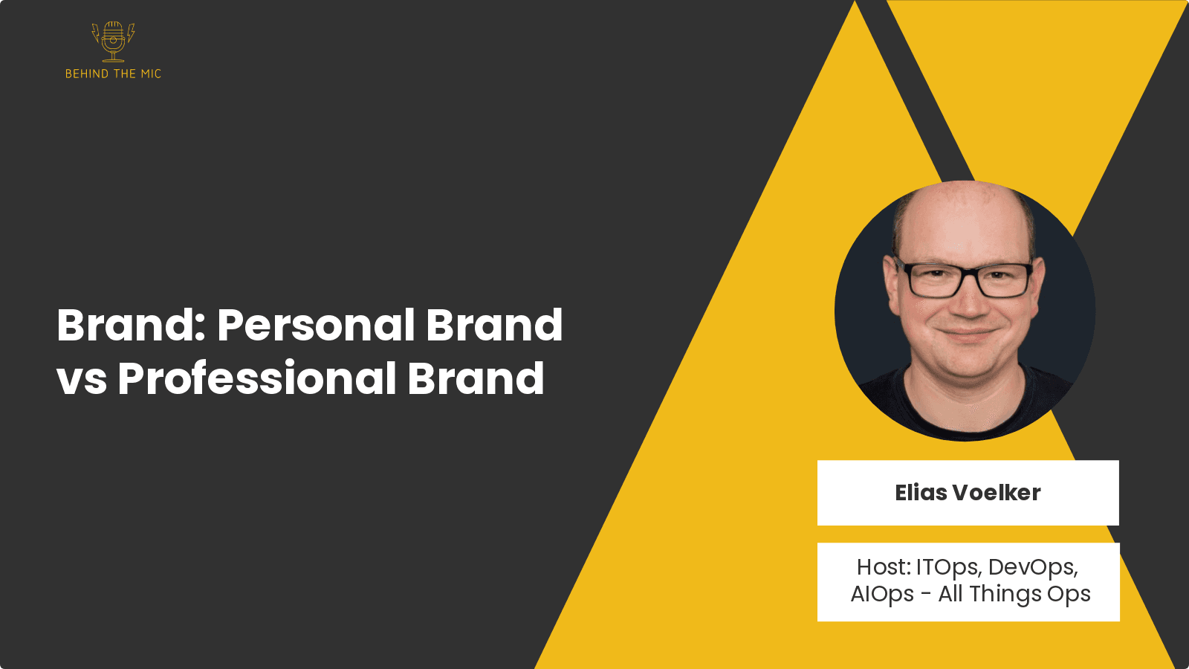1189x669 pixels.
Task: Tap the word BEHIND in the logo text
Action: pos(86,74)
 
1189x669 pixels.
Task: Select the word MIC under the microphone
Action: pos(151,74)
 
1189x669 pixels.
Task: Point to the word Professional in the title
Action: pos(256,378)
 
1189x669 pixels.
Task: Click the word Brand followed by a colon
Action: pos(130,326)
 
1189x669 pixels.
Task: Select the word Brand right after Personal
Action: pos(494,326)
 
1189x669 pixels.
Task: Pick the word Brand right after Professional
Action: pos(476,378)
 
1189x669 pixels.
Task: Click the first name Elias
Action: pos(921,493)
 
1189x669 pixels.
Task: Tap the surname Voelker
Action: pos(997,493)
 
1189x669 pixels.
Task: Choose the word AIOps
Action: pos(882,595)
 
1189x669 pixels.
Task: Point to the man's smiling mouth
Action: pos(965,332)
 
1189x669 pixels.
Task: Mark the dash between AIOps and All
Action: pos(926,595)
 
